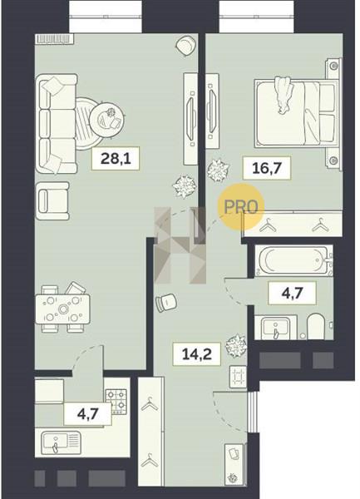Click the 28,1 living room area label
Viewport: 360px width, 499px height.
pyautogui.click(x=116, y=158)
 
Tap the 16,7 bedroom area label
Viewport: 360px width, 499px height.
pyautogui.click(x=267, y=168)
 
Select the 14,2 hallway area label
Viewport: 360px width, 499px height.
pyautogui.click(x=196, y=353)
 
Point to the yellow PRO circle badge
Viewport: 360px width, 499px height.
pyautogui.click(x=241, y=207)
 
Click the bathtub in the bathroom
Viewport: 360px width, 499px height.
pyautogui.click(x=293, y=260)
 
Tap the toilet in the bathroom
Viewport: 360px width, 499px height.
pyautogui.click(x=315, y=326)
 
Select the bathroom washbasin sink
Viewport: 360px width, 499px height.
pyautogui.click(x=276, y=328)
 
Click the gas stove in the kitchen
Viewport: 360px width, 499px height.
pyautogui.click(x=116, y=402)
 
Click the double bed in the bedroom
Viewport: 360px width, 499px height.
pyautogui.click(x=295, y=114)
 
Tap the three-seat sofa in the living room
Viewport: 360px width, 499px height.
pyautogui.click(x=57, y=124)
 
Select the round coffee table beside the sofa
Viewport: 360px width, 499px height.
pyautogui.click(x=107, y=119)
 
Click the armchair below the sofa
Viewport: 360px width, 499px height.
pyautogui.click(x=52, y=200)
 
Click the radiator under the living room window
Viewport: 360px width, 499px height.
pyautogui.click(x=54, y=39)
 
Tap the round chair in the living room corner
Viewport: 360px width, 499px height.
pyautogui.click(x=185, y=45)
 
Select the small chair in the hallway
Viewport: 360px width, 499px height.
pyautogui.click(x=166, y=303)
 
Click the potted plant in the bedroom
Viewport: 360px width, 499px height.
pyautogui.click(x=218, y=170)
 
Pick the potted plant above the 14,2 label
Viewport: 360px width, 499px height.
pyautogui.click(x=236, y=346)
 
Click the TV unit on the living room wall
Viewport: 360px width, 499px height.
pyautogui.click(x=191, y=119)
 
